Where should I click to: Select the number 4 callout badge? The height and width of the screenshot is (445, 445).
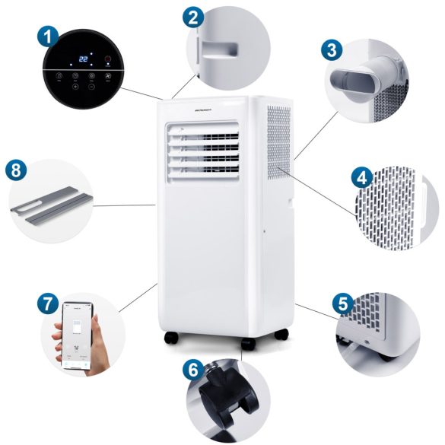361,179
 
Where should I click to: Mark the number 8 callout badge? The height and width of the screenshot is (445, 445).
16,170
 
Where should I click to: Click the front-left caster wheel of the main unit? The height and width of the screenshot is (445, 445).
169,337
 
